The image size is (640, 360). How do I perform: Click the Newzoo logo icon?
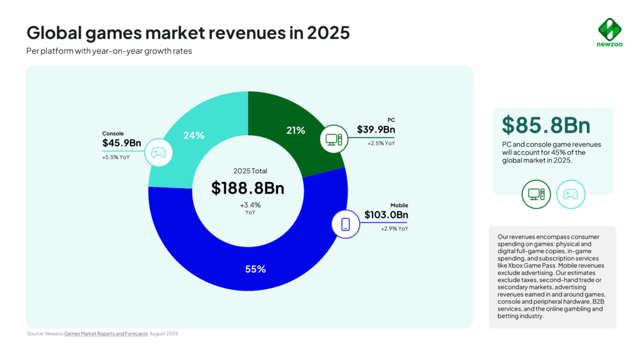point(609,29)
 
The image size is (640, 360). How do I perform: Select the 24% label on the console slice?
point(194,135)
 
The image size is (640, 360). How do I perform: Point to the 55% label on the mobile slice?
point(256,269)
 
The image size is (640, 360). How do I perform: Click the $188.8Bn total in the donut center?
point(247,187)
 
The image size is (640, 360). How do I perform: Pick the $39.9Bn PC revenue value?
point(376,129)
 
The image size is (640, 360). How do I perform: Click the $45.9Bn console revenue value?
point(121,143)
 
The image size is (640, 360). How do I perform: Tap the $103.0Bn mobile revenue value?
point(386,215)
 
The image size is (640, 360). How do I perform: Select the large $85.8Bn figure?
point(546,125)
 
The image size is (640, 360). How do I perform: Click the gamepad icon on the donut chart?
point(159,152)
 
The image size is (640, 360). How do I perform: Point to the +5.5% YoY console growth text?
point(116,157)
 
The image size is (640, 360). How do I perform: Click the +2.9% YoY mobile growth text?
point(394,229)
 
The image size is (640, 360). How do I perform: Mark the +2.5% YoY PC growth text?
point(381,143)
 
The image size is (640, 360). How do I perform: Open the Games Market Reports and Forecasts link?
point(106,334)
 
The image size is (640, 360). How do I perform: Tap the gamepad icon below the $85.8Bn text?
point(571,194)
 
